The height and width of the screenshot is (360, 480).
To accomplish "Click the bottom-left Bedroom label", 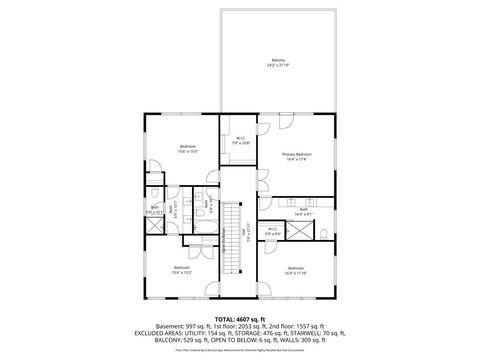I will (181, 269).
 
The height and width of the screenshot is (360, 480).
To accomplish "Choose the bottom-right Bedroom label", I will (296, 269).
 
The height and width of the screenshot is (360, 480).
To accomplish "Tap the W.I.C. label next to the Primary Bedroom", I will (240, 141).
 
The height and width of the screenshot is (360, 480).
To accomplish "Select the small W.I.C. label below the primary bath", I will (273, 231).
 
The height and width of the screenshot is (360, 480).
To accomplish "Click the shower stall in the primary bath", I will (298, 232).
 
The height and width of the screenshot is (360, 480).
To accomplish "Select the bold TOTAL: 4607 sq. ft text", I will (240, 317).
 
